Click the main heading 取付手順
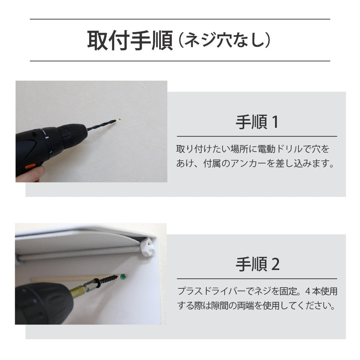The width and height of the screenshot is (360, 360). tap(130, 41)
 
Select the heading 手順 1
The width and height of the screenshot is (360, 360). tap(257, 123)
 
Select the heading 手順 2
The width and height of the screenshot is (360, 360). tap(257, 265)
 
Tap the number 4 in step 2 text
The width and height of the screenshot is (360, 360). tap(308, 291)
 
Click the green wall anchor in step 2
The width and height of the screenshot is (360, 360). tap(123, 277)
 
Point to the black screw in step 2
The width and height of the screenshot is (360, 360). tap(108, 280)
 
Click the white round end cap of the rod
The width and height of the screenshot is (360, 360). tap(147, 247)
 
